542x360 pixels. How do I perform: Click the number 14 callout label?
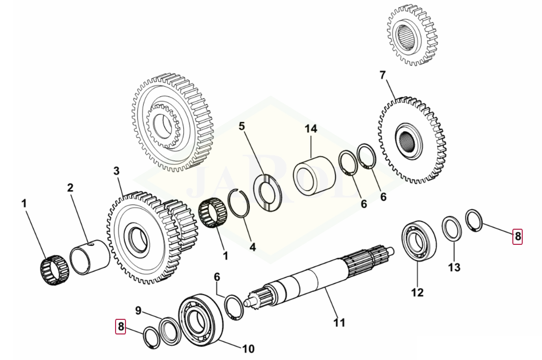coord(311,128)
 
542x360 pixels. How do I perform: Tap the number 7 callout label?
coord(383,76)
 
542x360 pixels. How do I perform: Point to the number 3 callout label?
coord(116,171)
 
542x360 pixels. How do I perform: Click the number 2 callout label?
coord(70,188)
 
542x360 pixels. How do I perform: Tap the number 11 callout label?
coord(339,323)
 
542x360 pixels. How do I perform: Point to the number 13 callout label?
coord(454,267)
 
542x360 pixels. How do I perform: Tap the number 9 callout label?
coord(138,311)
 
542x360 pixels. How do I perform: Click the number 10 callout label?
coord(248,348)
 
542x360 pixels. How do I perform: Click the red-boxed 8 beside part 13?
coord(517,236)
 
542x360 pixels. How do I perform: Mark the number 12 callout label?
coord(418,292)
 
